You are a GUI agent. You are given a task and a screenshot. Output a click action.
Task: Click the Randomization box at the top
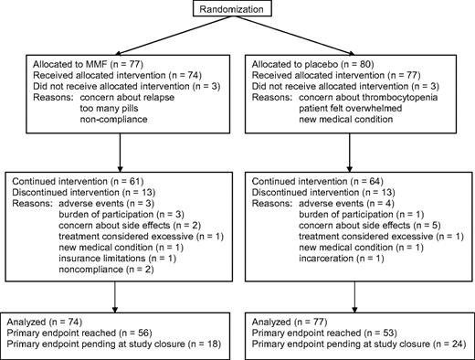point(238,11)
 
